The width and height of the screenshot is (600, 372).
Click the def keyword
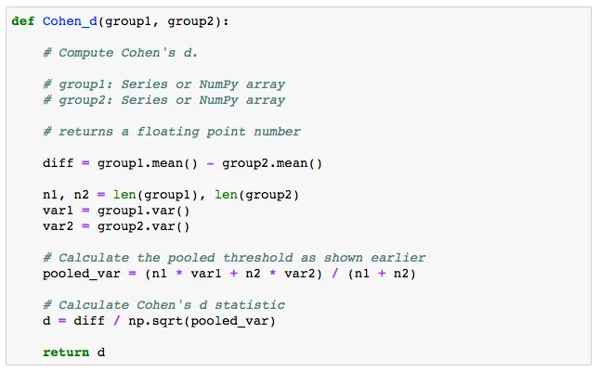pos(23,21)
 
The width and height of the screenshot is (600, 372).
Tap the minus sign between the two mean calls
pos(210,163)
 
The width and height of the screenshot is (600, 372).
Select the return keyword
pos(66,353)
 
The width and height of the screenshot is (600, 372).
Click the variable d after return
pos(101,353)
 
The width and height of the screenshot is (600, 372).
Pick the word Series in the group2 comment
pos(144,100)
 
